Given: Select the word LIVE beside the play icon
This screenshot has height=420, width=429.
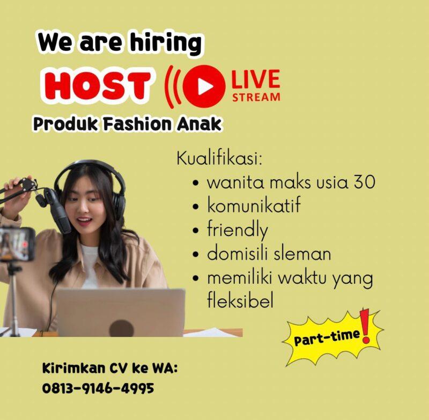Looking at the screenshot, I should (x=256, y=80).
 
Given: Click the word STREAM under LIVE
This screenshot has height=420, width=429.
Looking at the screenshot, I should (x=256, y=97).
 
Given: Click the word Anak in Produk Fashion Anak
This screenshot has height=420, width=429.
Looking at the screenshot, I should (x=198, y=124).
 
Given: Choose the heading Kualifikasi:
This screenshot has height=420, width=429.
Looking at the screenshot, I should (x=221, y=159).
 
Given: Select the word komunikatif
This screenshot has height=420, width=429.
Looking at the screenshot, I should (x=254, y=206).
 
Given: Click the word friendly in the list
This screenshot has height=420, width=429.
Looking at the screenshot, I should (x=237, y=230).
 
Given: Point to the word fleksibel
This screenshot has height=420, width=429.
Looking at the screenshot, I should (x=240, y=301).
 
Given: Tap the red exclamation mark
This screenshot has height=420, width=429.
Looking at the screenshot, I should (x=366, y=327).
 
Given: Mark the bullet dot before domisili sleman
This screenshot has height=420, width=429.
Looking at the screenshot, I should (x=196, y=254).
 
